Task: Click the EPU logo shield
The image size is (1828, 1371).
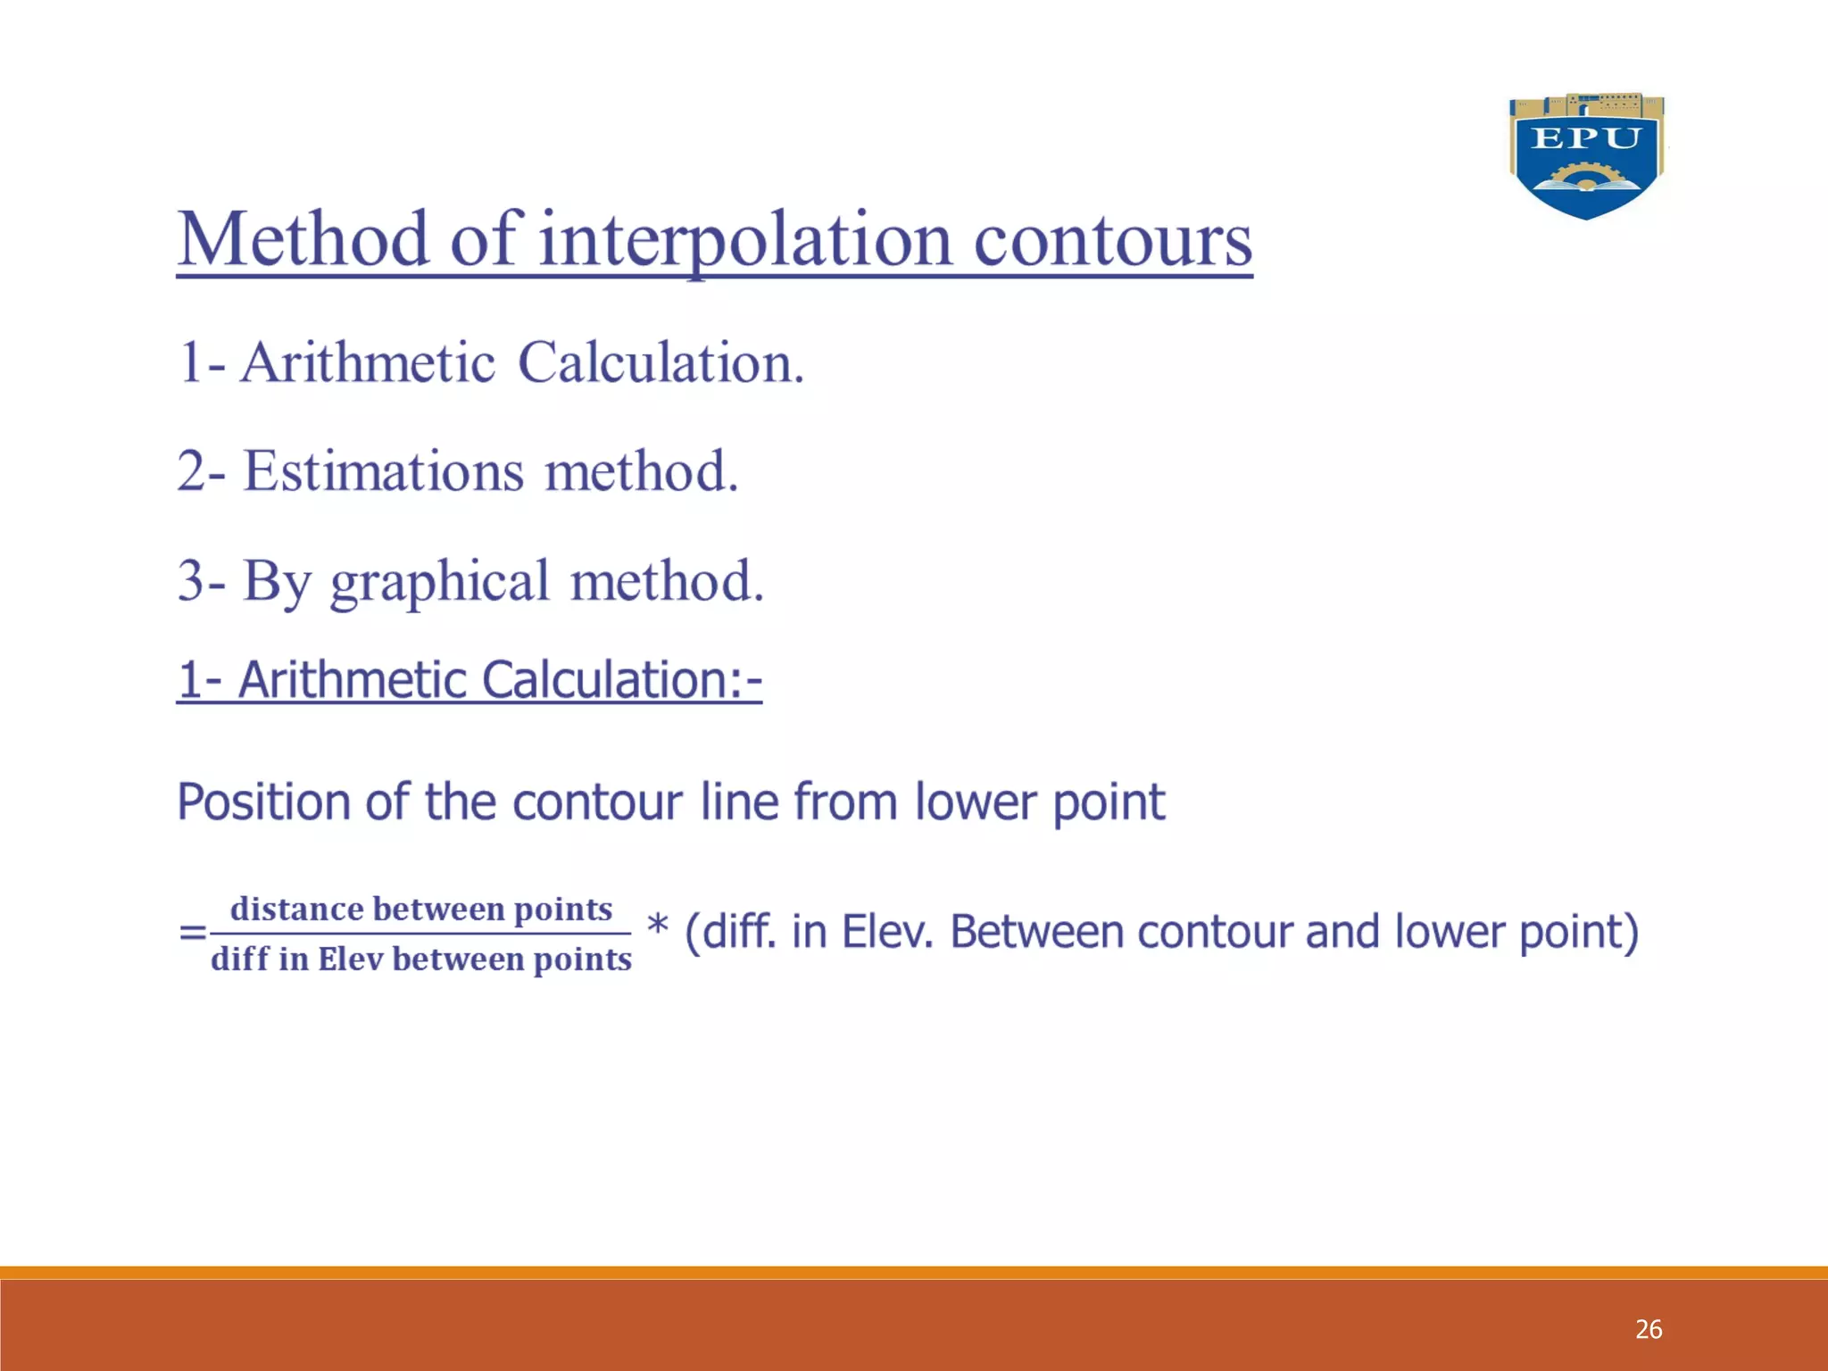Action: tap(1586, 157)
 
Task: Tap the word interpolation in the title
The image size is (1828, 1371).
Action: tap(745, 241)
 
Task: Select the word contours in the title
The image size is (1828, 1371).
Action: tap(1112, 241)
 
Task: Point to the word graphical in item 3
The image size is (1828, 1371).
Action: tap(439, 582)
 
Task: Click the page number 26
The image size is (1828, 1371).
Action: tap(1648, 1329)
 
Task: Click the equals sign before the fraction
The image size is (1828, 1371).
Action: tap(192, 934)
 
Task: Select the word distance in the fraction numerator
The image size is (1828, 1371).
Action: tap(296, 909)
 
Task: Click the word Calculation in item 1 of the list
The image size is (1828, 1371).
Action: tap(661, 363)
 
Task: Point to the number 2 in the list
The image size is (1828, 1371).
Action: tap(191, 471)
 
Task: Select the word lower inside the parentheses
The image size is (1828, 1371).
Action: tap(1450, 932)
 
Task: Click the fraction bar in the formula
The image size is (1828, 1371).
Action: tap(420, 934)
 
